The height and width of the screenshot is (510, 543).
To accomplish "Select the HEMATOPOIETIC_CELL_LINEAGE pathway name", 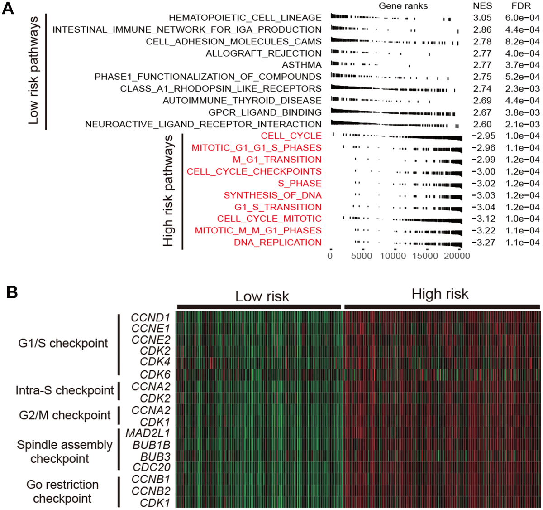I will click(245, 18).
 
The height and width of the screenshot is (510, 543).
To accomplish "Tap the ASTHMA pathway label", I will click(301, 65).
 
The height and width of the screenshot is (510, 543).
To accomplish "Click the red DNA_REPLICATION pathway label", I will click(277, 243).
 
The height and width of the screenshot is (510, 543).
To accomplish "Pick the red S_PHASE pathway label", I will click(300, 183).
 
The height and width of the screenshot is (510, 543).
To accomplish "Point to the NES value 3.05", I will click(482, 18).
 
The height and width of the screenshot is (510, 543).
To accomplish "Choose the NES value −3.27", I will click(483, 243).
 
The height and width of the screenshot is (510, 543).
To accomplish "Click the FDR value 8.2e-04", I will click(522, 41).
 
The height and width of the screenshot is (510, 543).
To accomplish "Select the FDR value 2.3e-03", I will click(522, 88).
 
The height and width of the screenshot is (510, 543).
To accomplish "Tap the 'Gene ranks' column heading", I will click(403, 6).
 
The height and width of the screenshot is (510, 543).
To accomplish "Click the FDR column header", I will click(521, 6).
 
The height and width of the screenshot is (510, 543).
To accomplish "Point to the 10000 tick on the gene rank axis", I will click(393, 256).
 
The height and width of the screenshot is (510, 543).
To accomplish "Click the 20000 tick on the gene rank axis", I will click(457, 256).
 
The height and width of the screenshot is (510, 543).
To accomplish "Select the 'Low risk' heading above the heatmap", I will click(262, 296).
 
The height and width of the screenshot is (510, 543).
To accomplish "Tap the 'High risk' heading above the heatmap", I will click(440, 294).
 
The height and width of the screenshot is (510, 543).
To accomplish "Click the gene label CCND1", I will click(150, 317).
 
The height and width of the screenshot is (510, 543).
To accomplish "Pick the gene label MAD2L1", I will click(148, 433).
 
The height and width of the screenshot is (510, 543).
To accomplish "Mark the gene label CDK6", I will click(155, 374).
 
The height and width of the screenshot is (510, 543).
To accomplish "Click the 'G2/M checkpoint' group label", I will click(65, 415).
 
